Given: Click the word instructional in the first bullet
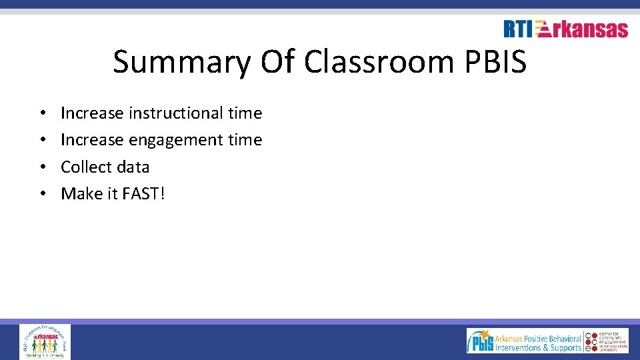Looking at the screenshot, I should click(175, 113).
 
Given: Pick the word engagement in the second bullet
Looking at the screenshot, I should click(175, 140).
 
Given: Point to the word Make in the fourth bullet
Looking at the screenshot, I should click(79, 194).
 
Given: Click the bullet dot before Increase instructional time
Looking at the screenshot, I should click(42, 114).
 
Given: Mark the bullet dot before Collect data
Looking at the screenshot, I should click(42, 167).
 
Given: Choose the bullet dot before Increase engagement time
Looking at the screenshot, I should click(42, 141).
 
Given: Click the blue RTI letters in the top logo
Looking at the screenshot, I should click(518, 29).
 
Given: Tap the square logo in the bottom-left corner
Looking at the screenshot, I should click(45, 341).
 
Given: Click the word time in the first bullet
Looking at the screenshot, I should click(245, 113).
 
